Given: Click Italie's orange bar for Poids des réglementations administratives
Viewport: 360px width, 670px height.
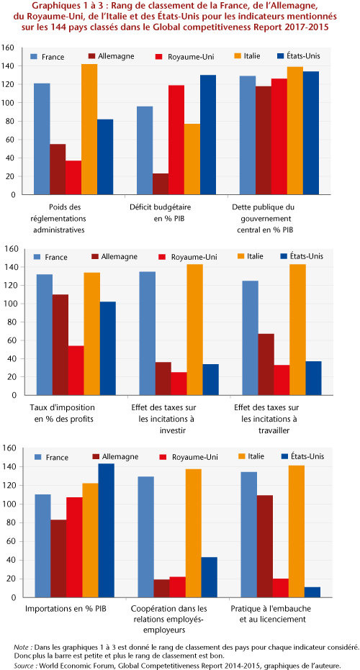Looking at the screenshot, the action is pos(89,130).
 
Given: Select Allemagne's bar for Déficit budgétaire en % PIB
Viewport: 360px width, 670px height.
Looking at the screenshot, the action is pos(161,184).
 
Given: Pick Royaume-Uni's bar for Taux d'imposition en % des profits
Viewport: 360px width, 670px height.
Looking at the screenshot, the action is pos(76,371).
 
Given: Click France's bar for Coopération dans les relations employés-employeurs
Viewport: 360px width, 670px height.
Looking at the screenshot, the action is pos(145,537).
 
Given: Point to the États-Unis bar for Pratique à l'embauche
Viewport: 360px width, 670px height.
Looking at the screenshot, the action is pos(312,592).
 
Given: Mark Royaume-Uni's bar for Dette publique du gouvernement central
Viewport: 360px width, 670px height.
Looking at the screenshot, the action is pos(279,137).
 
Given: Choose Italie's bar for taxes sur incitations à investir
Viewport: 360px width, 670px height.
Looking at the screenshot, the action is pos(194,330).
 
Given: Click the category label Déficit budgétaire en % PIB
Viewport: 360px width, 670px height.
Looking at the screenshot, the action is pos(161,212).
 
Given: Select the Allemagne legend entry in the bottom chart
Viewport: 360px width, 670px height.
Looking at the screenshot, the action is pos(115,456).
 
